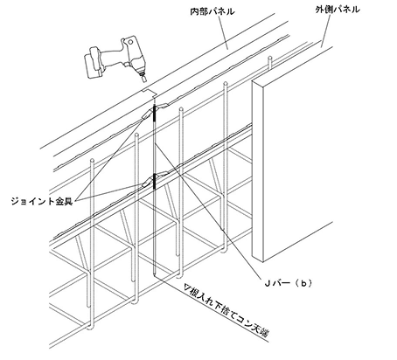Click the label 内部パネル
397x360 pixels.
212,11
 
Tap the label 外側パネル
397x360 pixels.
338,10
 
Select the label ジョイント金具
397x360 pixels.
42,201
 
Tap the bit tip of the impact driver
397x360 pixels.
144,80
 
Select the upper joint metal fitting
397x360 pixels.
154,110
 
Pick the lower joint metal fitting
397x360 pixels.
154,180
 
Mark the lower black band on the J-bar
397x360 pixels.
154,182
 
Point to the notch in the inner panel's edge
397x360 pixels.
148,93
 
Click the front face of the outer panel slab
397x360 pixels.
297,155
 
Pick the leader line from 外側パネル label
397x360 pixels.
326,31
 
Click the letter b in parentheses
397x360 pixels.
303,283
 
